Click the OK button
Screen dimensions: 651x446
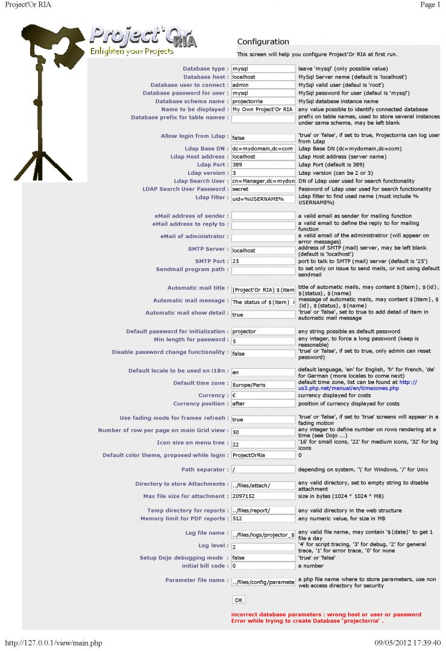239,600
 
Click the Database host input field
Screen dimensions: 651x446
263,77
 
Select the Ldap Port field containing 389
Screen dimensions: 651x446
263,165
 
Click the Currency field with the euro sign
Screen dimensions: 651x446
263,395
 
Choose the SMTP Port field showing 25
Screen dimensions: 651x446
263,262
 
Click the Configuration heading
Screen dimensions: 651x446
263,42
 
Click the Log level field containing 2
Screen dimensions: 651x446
263,546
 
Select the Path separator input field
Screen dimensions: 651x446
263,469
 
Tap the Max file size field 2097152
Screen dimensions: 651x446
263,496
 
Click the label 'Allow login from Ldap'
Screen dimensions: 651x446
195,136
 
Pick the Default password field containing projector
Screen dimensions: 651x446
263,332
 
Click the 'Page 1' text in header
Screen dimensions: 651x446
430,5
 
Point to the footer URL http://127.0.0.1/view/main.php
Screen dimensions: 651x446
54,643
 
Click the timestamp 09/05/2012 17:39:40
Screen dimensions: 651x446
407,643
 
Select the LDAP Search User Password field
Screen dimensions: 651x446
263,189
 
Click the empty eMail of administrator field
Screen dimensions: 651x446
263,237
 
